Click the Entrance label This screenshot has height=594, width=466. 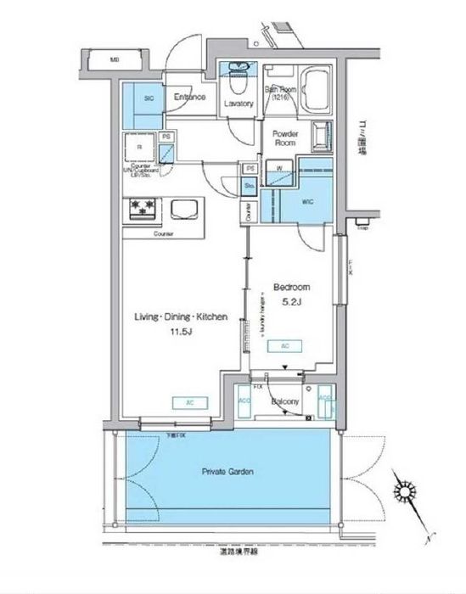[190, 98]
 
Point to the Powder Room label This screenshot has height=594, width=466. [284, 138]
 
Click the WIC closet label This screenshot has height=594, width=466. [307, 202]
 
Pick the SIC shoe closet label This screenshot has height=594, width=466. [149, 98]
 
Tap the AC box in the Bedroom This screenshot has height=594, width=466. [284, 346]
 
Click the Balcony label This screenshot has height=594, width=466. [283, 401]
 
